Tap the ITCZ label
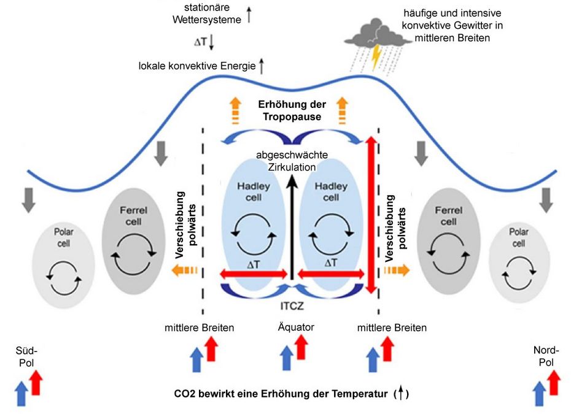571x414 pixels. (x=292, y=304)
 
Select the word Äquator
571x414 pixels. (x=295, y=328)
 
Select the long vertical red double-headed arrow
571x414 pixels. (x=370, y=214)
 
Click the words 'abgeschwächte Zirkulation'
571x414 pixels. (x=293, y=161)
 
